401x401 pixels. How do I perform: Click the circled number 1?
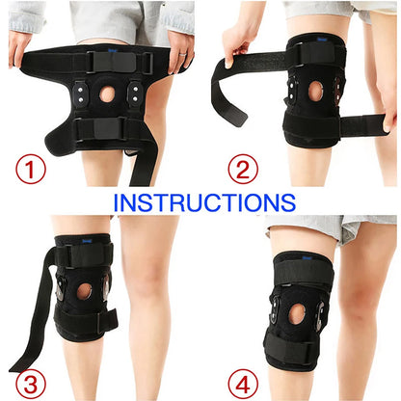pos(31,169)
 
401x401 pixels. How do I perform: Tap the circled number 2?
pos(243,169)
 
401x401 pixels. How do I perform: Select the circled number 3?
pos(31,385)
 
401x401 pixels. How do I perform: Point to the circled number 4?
pos(243,385)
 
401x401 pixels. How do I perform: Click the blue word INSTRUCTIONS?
pos(204,202)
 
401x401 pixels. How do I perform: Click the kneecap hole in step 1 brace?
pos(107,94)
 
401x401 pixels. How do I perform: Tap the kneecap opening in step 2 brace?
pos(315,91)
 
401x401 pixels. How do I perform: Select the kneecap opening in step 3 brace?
pos(85,292)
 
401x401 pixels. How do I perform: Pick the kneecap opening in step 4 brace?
pos(297,313)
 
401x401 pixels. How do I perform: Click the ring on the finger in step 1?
pos(182,54)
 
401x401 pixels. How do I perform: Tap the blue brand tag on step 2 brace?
pos(322,40)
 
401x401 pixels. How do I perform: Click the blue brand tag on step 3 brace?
pos(87,240)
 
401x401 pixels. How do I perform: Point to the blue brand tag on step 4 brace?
pos(306,257)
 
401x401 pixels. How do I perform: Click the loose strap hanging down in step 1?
pos(142,167)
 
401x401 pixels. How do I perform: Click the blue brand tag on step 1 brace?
pos(112,50)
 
